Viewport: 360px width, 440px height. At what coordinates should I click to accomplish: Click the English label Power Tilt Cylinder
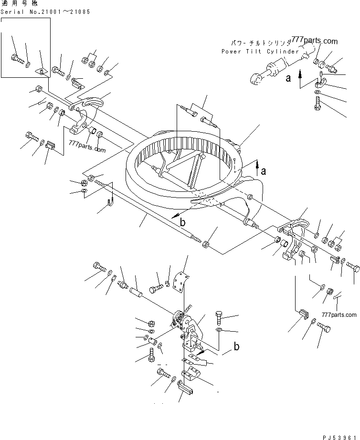[260, 51]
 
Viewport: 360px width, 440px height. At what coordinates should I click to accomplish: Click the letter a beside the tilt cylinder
[288, 79]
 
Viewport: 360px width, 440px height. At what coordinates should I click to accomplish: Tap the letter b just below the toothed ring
[182, 222]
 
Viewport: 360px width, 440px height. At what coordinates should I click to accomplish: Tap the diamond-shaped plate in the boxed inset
[42, 72]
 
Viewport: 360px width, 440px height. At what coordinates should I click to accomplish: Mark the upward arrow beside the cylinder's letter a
[300, 75]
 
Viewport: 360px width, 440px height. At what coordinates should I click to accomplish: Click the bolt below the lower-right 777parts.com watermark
[324, 328]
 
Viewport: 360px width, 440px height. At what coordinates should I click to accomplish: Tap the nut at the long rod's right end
[205, 245]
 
